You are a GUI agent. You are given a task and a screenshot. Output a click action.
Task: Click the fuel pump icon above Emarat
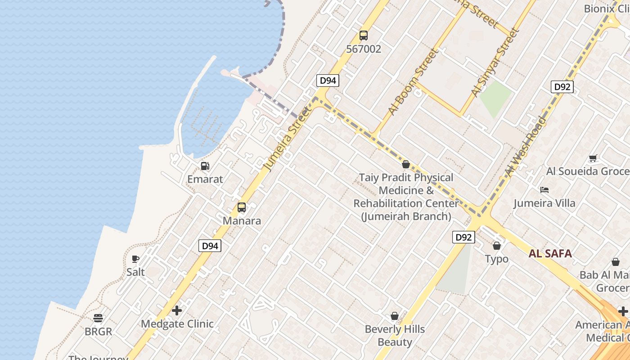[x=205, y=166]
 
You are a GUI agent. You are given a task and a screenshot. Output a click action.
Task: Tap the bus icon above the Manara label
[x=242, y=207]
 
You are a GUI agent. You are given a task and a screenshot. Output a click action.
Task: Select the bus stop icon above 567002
[x=363, y=35]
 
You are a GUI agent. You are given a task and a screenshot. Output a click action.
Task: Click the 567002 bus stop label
[x=363, y=49]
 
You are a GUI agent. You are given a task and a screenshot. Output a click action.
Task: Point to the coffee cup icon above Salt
[x=135, y=259]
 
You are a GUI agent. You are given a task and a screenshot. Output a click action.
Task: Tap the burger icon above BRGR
[x=98, y=318]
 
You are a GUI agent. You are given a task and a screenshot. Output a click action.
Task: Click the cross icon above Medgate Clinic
[x=177, y=310]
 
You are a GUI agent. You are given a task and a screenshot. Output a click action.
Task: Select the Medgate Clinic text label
[x=177, y=324]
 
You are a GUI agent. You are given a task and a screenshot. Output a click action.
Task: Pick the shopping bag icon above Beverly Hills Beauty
[x=395, y=316]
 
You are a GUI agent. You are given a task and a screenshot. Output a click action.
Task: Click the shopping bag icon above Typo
[x=497, y=246]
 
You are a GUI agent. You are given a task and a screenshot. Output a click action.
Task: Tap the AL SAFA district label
[x=550, y=253]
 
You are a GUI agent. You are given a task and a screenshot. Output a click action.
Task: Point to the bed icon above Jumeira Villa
[x=544, y=190]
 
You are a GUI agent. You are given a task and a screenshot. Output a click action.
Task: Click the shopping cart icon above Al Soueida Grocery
[x=593, y=158]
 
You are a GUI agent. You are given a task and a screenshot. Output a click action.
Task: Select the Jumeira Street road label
[x=288, y=139]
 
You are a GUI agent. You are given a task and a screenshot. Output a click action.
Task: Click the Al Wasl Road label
[x=526, y=147]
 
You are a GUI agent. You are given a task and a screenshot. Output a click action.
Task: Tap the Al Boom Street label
[x=413, y=82]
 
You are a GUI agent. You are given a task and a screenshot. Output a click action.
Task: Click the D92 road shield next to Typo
[x=463, y=237]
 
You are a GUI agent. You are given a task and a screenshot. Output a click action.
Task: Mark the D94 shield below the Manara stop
[x=210, y=246]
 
